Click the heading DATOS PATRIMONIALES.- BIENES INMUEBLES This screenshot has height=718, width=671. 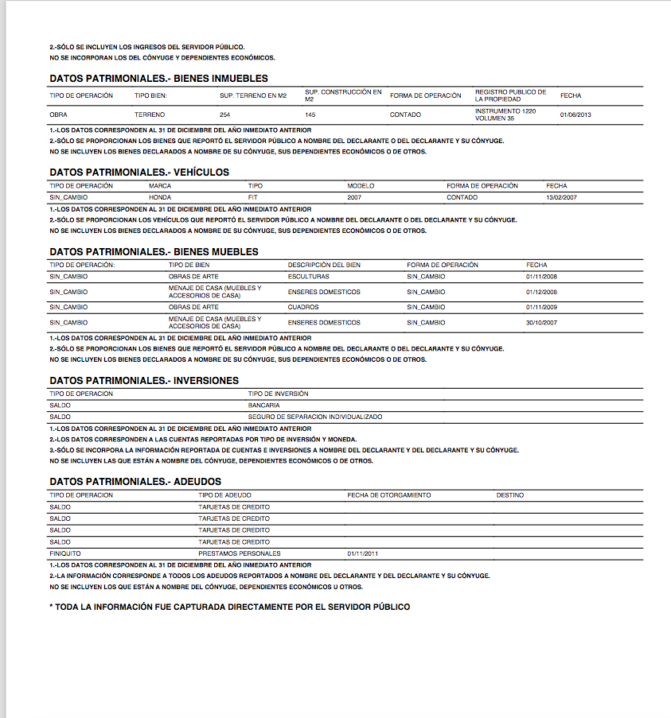(158, 79)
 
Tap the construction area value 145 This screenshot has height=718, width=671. (310, 114)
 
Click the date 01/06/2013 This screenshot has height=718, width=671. (575, 114)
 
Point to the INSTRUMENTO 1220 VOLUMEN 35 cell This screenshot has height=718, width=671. (505, 114)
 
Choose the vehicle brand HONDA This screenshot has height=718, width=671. (160, 197)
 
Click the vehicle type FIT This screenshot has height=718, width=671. (254, 197)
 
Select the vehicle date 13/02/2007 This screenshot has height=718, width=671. (562, 197)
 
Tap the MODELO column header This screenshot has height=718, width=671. (361, 186)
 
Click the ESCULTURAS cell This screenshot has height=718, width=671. (308, 277)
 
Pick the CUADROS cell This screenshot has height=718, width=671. (303, 307)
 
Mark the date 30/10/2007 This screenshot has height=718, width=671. (542, 323)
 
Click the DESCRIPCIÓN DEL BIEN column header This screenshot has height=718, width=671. (324, 265)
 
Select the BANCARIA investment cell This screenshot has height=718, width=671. (263, 406)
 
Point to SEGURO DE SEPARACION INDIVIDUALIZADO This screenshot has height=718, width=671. (314, 417)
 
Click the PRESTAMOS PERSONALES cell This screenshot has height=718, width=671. (239, 553)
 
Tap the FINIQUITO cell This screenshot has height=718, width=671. (64, 553)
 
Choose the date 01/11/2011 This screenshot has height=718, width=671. (362, 553)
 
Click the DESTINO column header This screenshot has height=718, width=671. (509, 495)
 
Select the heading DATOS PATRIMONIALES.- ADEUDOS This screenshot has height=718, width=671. (135, 482)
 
